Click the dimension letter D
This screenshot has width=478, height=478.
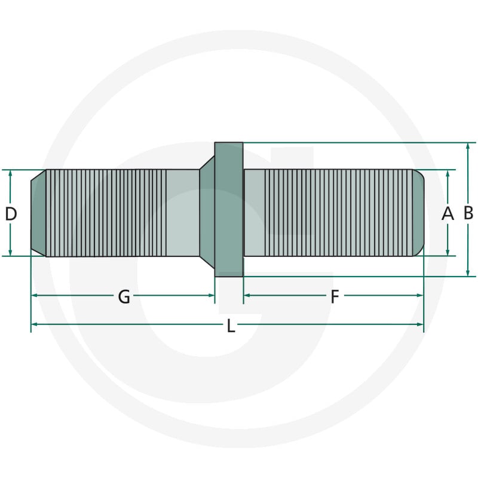(x=11, y=213)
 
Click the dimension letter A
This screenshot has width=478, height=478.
(x=448, y=213)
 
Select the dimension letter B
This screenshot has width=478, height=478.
(x=468, y=213)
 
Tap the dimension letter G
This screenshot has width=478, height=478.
(x=124, y=296)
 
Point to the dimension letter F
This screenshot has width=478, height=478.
(x=335, y=296)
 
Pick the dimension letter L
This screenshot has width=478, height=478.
(x=231, y=325)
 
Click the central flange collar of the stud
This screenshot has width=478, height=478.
(x=229, y=210)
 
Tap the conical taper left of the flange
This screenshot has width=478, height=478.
(x=207, y=213)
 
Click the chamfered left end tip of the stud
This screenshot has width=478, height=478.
(x=38, y=213)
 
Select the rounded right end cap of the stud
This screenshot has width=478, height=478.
(x=418, y=213)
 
